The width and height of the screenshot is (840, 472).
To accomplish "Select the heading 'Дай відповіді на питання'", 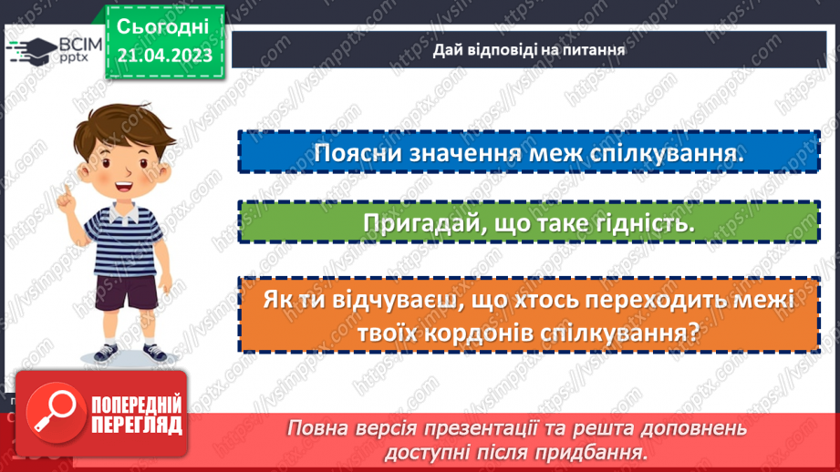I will (529, 50).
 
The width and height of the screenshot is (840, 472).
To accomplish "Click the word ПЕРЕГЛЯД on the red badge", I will (137, 425).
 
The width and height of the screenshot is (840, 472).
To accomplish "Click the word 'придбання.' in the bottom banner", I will (598, 451).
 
